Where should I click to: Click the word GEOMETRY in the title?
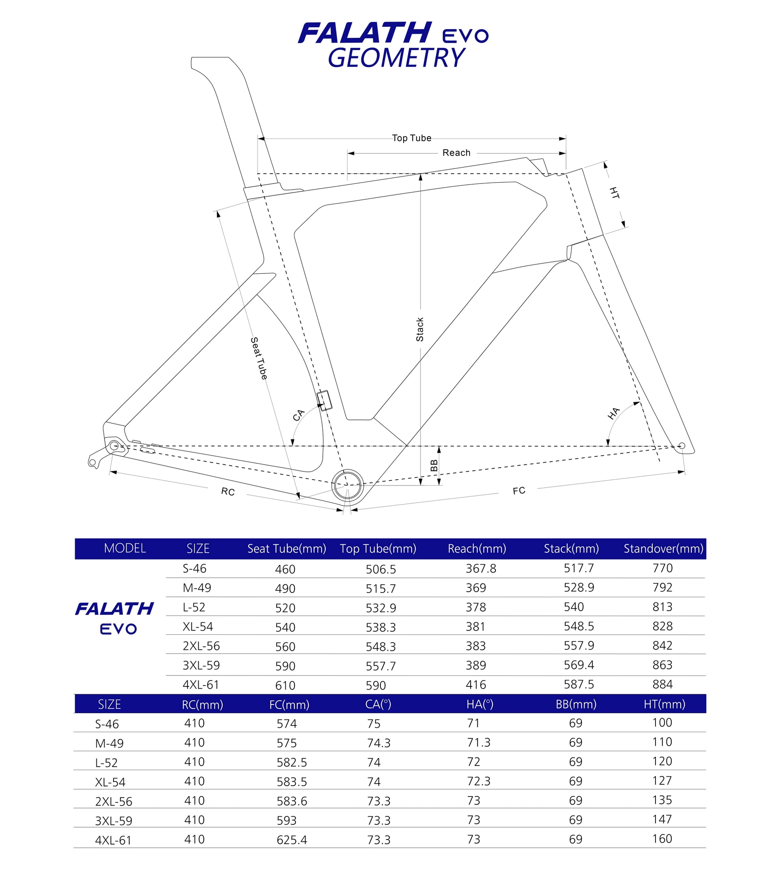(x=396, y=58)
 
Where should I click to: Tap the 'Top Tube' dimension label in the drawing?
(x=411, y=138)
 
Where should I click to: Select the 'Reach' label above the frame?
(x=456, y=153)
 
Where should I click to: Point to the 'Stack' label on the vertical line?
(x=420, y=329)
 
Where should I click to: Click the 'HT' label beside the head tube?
(x=614, y=193)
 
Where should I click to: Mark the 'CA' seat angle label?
(x=298, y=415)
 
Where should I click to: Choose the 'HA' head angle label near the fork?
(x=614, y=413)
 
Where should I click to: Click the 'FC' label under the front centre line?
(x=519, y=490)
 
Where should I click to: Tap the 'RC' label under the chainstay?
(x=228, y=492)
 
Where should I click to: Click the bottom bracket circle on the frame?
(x=348, y=485)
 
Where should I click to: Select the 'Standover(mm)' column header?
(x=663, y=549)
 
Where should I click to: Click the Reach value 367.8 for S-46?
(x=481, y=568)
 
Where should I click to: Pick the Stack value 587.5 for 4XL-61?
(x=579, y=684)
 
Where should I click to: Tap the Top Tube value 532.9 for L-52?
(x=381, y=608)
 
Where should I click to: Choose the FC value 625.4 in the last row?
(x=292, y=839)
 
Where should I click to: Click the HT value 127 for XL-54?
(x=662, y=780)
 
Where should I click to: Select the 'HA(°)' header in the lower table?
(x=480, y=704)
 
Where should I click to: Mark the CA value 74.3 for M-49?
(x=379, y=743)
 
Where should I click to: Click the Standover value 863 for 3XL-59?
(x=663, y=665)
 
